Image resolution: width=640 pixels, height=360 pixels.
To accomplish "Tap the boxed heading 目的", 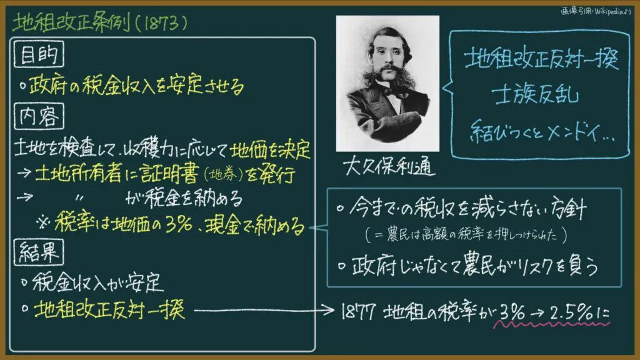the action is coord(39,54).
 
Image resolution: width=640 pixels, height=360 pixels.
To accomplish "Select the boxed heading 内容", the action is coord(39,116).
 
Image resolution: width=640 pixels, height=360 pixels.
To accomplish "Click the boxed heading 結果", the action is coord(39,252).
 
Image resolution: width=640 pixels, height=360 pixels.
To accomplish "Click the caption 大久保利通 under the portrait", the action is coord(388,166).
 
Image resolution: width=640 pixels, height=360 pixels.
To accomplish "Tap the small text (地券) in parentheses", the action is coord(223,175).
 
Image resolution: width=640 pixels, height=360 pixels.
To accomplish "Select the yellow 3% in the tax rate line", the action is coord(179,224).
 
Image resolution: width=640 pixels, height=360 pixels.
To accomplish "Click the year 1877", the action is coord(358,312).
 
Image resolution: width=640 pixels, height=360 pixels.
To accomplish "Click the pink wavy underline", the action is coord(551,325).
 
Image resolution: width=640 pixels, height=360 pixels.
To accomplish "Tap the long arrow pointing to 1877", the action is coord(264,311).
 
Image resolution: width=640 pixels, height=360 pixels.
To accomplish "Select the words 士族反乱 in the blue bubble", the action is coord(535,96).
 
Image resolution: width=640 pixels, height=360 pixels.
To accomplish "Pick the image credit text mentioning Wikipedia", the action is coord(596,11).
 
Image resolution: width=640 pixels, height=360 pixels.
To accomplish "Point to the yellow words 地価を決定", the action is coord(270,150).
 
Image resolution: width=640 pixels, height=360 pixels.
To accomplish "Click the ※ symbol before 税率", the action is coord(43,223).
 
